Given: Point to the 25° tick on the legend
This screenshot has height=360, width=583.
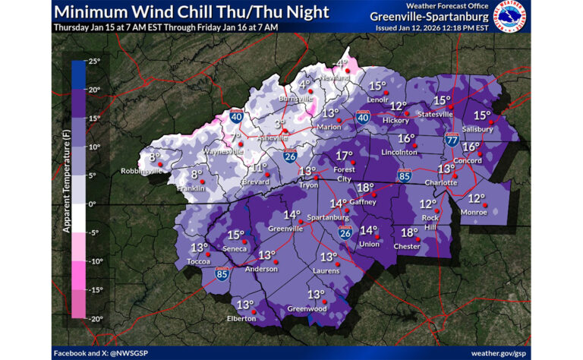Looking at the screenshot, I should point(94,62).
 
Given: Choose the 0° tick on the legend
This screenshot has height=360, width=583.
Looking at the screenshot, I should point(93,204).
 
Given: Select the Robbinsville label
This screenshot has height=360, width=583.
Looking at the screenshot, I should point(141,171).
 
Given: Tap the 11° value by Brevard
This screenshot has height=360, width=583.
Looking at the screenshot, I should point(259,168).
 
